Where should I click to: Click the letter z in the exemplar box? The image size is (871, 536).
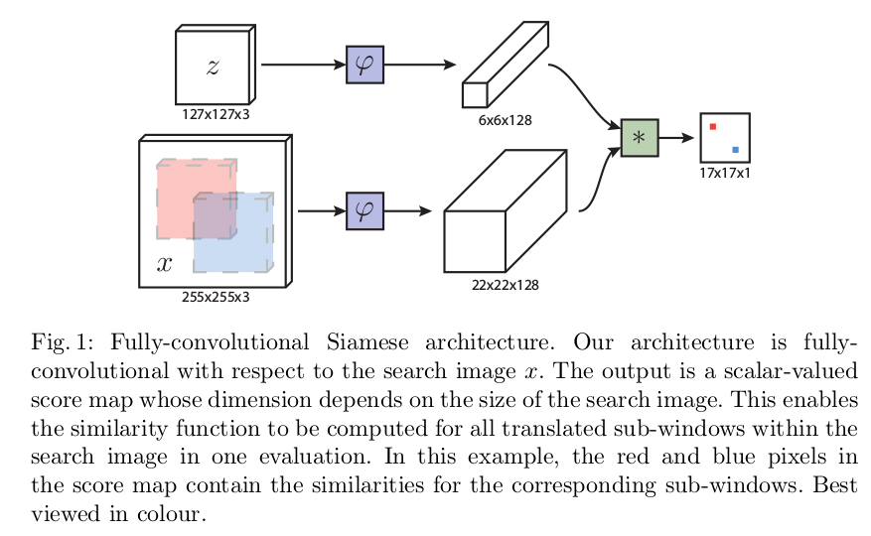[x=213, y=67]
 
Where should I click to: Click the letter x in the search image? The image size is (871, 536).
[x=165, y=263]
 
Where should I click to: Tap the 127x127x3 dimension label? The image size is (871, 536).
[x=216, y=114]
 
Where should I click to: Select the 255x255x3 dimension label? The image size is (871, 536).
[x=216, y=297]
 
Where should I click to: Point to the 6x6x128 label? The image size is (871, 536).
[x=505, y=120]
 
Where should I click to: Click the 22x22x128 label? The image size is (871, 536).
[x=505, y=285]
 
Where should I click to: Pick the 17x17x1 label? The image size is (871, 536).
[x=725, y=174]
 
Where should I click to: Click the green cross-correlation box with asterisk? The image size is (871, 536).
[x=640, y=138]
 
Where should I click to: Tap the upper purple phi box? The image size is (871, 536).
[x=364, y=65]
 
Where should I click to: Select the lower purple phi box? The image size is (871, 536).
[x=364, y=211]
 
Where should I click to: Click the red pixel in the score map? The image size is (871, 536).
[x=713, y=127]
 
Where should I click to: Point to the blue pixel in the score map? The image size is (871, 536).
[x=736, y=150]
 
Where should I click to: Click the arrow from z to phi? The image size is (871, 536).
[x=303, y=65]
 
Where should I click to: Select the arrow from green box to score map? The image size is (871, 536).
[x=676, y=138]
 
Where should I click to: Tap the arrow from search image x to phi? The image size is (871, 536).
[x=322, y=211]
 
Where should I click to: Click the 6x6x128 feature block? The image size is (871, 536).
[x=506, y=65]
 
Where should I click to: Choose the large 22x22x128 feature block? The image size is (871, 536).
[x=506, y=211]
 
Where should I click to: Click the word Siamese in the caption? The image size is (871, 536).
[x=367, y=342]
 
